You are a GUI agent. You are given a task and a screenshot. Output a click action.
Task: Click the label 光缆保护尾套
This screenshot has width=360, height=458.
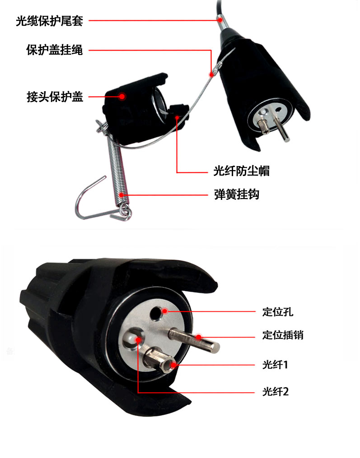point(49,21)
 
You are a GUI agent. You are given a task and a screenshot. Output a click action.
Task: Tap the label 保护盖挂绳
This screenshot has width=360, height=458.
point(55,50)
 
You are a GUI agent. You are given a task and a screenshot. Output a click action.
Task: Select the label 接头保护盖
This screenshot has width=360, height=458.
point(55,97)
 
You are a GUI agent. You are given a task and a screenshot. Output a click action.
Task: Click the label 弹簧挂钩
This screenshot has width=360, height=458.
point(236,195)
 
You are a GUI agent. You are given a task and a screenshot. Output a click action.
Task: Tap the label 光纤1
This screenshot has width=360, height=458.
point(275,364)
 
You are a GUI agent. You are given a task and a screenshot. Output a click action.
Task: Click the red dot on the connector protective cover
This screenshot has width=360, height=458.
point(122,96)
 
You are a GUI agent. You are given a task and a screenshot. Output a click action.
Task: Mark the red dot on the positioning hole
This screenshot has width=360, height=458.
point(165,311)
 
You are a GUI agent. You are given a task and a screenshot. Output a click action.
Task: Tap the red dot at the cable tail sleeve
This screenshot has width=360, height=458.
point(219,20)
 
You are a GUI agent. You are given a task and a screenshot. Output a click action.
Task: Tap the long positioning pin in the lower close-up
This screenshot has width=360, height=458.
point(192,339)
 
